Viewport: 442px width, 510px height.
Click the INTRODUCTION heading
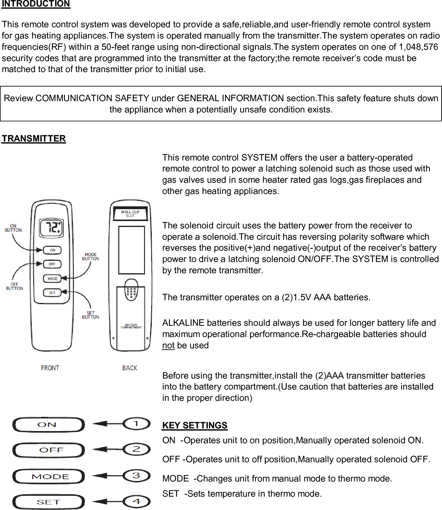click(36, 4)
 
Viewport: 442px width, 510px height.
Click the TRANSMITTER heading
click(34, 139)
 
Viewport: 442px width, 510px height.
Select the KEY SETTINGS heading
click(195, 425)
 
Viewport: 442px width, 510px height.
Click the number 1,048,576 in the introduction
click(418, 47)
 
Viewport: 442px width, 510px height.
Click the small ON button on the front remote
click(52, 250)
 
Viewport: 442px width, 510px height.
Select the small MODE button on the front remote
click(52, 279)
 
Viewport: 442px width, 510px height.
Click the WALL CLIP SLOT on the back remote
click(130, 214)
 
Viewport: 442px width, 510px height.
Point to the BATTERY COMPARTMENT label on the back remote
click(131, 326)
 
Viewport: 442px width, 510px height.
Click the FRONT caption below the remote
click(50, 368)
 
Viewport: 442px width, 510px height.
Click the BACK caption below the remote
click(130, 368)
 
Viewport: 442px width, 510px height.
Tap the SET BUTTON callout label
click(90, 315)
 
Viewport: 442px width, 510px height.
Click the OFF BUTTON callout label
click(15, 286)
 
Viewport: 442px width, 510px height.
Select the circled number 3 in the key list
click(136, 476)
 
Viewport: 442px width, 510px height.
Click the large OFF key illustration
click(49, 450)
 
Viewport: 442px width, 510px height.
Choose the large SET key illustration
click(49, 502)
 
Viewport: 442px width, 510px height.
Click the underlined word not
click(168, 346)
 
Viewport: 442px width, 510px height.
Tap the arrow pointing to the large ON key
click(107, 424)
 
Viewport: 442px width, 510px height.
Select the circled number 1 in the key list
click(136, 423)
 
